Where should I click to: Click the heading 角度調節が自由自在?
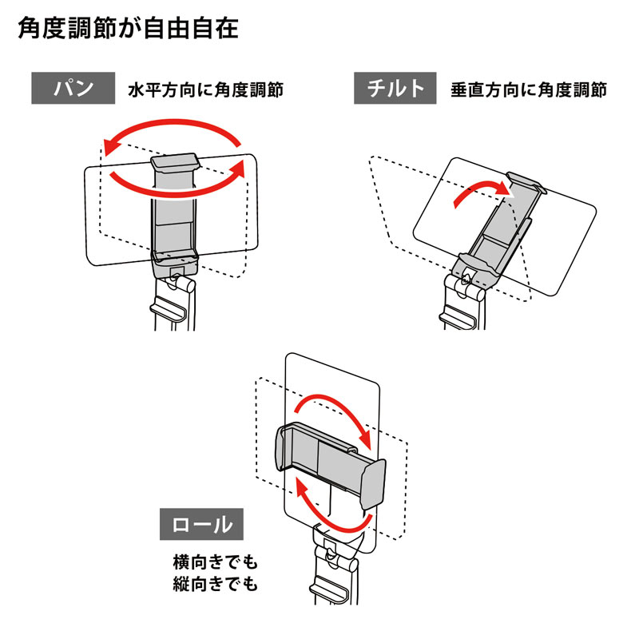[x=128, y=30]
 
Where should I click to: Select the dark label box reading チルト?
[x=395, y=89]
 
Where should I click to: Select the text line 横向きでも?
[x=216, y=562]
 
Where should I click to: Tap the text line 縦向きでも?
[x=216, y=585]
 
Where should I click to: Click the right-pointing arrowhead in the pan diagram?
[x=238, y=169]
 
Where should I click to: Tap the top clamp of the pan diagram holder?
[x=174, y=163]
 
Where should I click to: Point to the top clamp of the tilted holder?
[x=526, y=182]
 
